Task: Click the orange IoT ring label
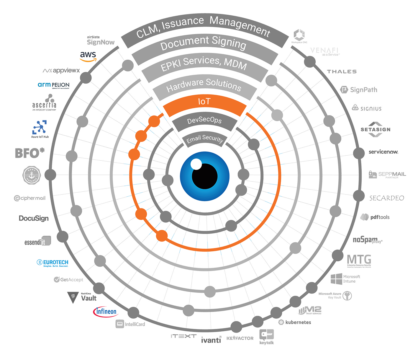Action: (x=204, y=102)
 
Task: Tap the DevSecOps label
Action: (x=204, y=120)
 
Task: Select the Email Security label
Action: (x=204, y=139)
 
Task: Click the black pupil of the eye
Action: (x=205, y=176)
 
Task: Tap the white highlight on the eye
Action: (x=196, y=164)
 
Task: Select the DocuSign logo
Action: (x=33, y=218)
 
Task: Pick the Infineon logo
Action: (x=106, y=312)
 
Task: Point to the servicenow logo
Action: (x=383, y=152)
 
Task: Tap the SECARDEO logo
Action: (x=387, y=198)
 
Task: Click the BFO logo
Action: (x=29, y=153)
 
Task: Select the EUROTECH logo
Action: (x=55, y=263)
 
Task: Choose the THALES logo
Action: (x=342, y=71)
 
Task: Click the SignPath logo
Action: (x=359, y=90)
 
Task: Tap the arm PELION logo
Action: (x=54, y=85)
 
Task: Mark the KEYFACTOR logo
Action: (x=240, y=338)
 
